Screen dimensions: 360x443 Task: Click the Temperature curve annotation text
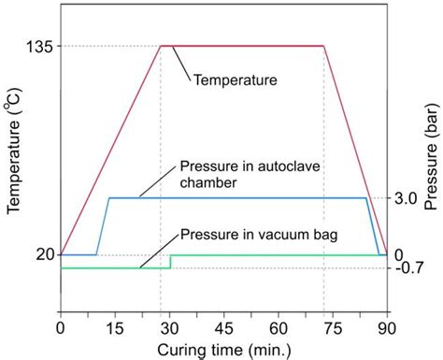click(x=235, y=80)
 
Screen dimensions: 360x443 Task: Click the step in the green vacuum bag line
click(x=170, y=261)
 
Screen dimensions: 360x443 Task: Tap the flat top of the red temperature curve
click(x=242, y=46)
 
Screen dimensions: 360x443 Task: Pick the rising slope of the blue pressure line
click(x=103, y=226)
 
